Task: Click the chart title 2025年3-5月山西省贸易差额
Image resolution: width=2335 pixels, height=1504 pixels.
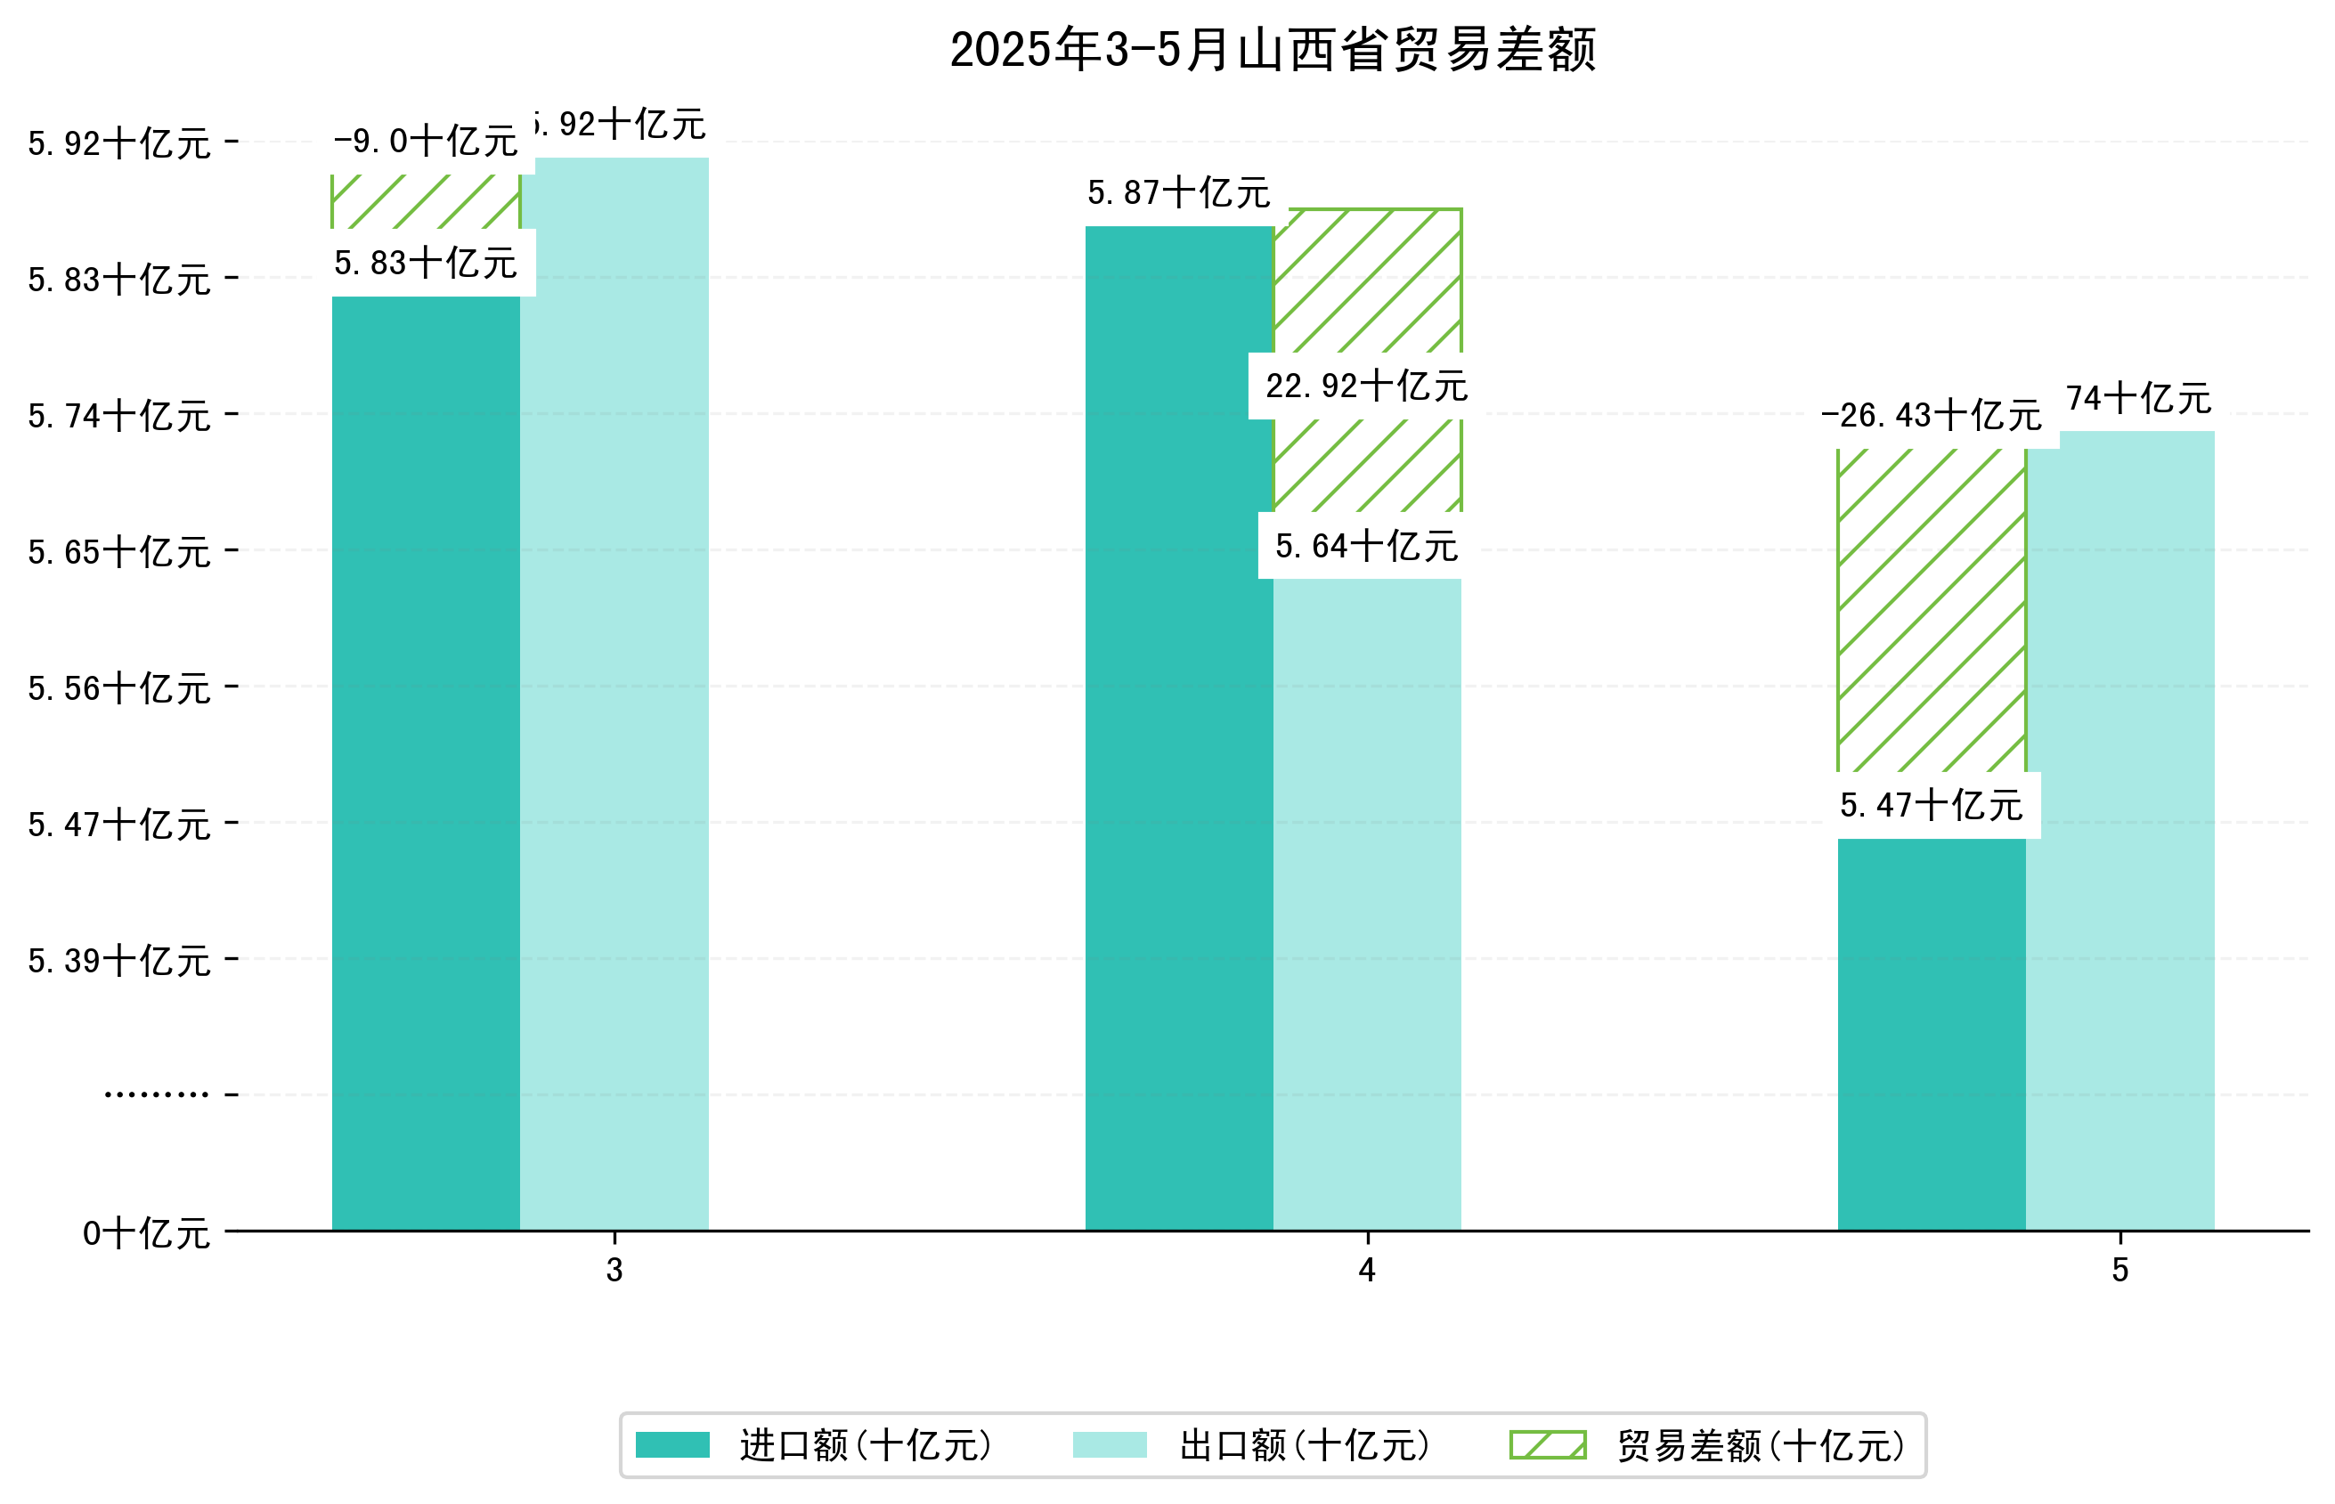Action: click(1272, 51)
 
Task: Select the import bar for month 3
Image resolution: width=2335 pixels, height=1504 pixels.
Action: click(426, 761)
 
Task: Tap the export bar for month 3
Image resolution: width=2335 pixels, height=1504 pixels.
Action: click(614, 694)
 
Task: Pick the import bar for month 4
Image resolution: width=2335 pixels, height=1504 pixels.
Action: click(1179, 728)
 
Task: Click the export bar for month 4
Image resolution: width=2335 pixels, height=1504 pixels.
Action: click(1366, 903)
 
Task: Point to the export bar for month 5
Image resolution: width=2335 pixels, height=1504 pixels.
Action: click(2119, 830)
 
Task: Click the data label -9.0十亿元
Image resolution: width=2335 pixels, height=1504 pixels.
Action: click(426, 142)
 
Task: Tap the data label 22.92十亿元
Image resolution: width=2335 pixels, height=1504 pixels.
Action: click(1366, 386)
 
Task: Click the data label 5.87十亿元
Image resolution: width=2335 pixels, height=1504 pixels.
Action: click(1179, 193)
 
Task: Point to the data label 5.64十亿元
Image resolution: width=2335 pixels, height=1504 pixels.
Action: click(1366, 547)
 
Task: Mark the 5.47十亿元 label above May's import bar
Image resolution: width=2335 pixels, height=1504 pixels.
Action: click(1931, 806)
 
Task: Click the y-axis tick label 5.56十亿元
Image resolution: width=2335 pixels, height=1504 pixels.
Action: click(119, 688)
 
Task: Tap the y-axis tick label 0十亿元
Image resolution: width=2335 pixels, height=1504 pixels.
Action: click(146, 1233)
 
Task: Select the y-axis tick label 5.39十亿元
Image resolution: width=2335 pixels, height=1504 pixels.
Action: click(119, 961)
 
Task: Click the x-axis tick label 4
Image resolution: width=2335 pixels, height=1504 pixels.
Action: click(1366, 1271)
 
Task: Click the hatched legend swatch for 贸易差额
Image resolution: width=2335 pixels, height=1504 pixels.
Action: click(1547, 1445)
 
